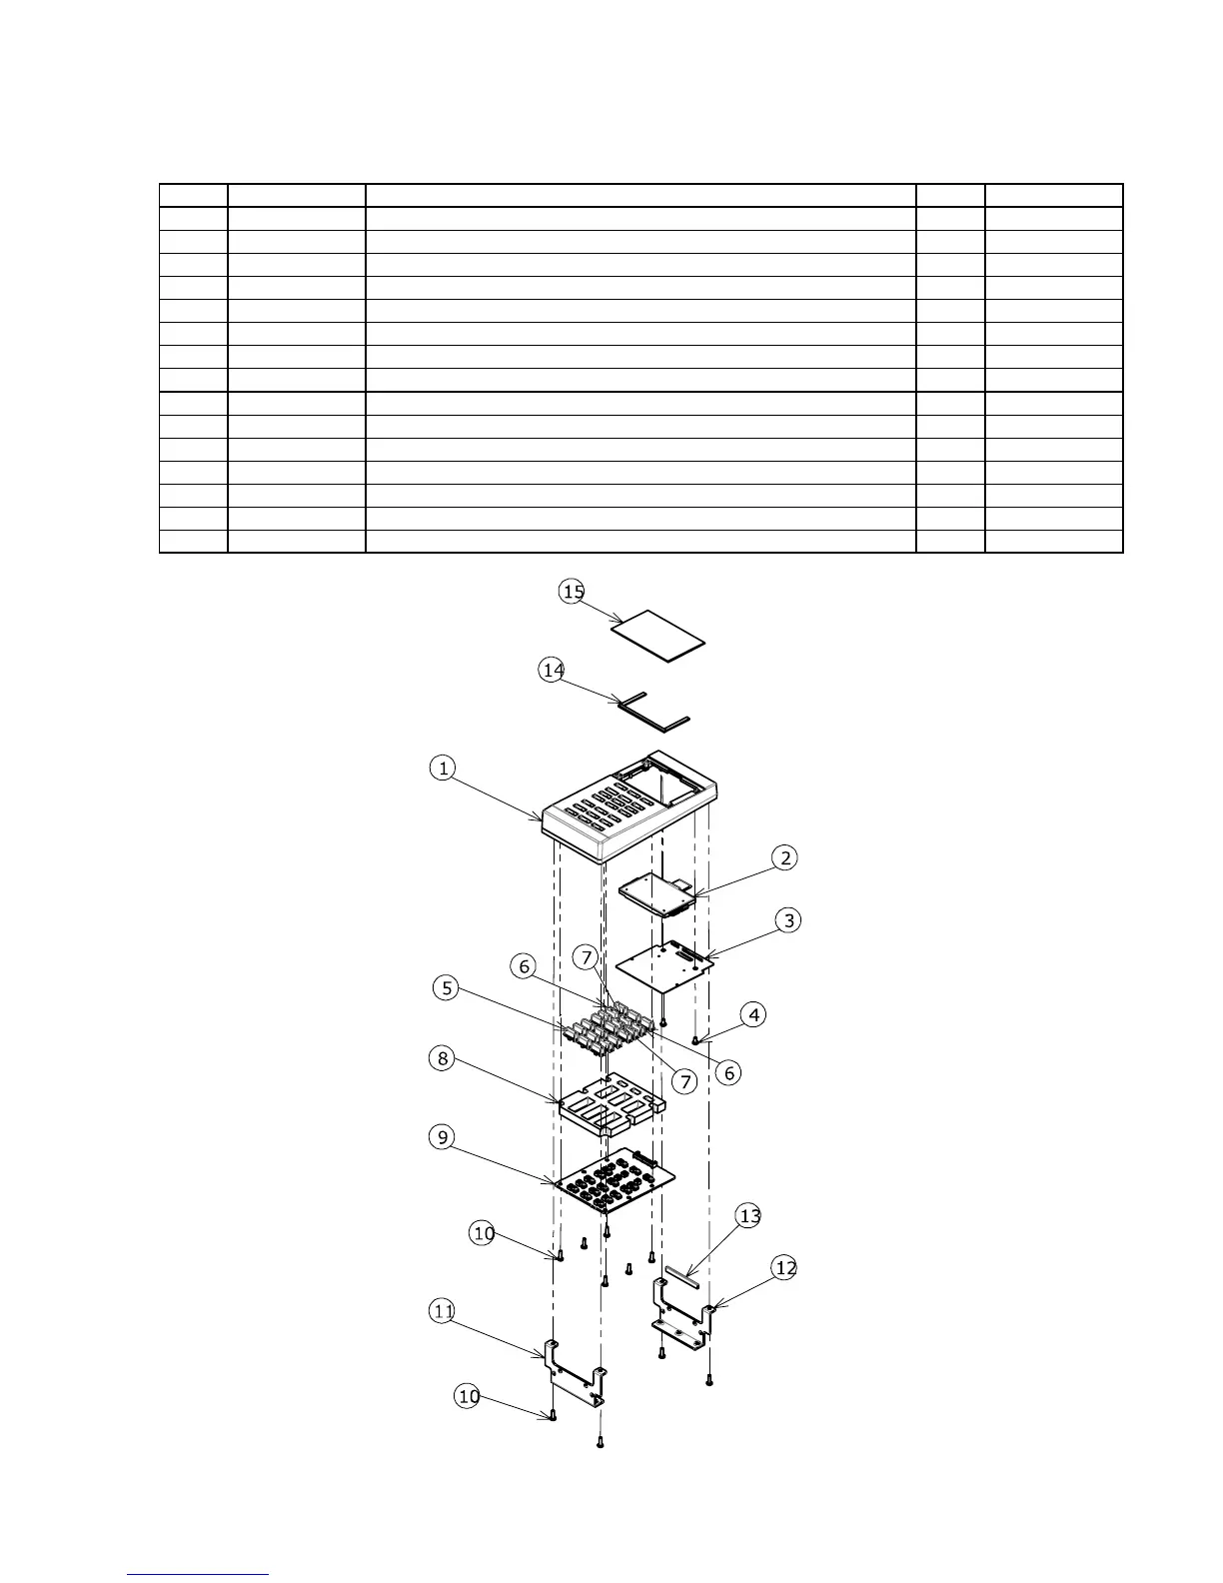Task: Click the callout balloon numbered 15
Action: tap(573, 592)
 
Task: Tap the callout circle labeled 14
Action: tap(552, 670)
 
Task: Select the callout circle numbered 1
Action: tap(443, 768)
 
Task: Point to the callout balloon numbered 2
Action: tap(785, 857)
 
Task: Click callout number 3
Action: tap(789, 920)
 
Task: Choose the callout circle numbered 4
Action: tap(753, 1015)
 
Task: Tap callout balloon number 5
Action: tap(447, 988)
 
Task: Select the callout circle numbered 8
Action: tap(443, 1058)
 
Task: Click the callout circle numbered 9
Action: tap(443, 1137)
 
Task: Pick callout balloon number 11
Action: tap(443, 1312)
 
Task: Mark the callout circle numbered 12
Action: tap(785, 1268)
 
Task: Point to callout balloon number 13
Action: tap(748, 1215)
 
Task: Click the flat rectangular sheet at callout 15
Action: tap(657, 636)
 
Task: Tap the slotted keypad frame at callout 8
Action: tap(610, 1105)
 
